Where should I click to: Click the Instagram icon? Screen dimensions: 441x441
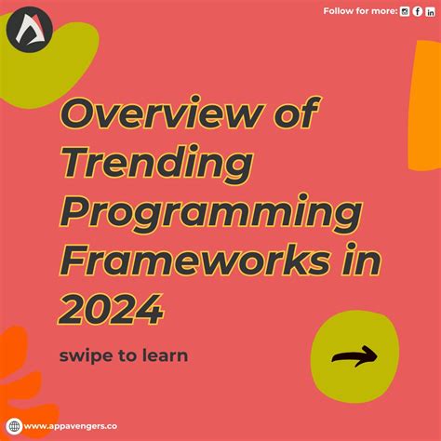(x=405, y=10)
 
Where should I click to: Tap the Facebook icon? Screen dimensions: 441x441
(x=417, y=10)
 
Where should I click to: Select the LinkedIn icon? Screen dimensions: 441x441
(x=429, y=10)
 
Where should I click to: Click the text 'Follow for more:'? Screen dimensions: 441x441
(x=360, y=10)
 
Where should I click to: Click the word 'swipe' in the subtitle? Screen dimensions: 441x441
(x=87, y=354)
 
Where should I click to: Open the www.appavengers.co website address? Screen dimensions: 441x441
(x=73, y=427)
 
